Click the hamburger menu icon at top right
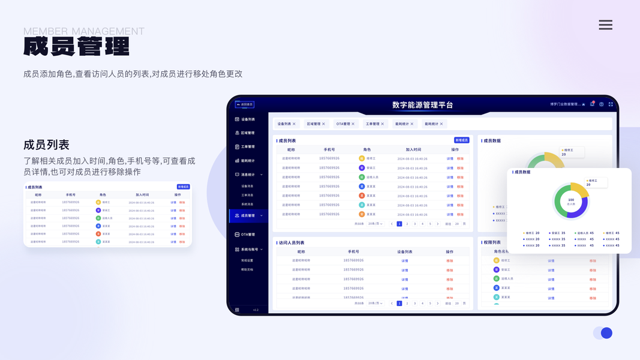click(x=605, y=25)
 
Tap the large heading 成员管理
click(x=76, y=47)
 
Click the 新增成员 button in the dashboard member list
click(x=461, y=140)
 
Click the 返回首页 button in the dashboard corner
click(x=245, y=104)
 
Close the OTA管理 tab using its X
click(x=353, y=124)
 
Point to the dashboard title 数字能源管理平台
click(x=422, y=105)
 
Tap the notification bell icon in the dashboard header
click(x=592, y=104)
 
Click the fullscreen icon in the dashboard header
click(x=611, y=104)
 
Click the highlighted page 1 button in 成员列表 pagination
click(x=399, y=224)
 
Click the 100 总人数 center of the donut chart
click(x=570, y=201)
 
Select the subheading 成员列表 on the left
click(x=46, y=145)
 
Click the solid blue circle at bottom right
click(x=606, y=333)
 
